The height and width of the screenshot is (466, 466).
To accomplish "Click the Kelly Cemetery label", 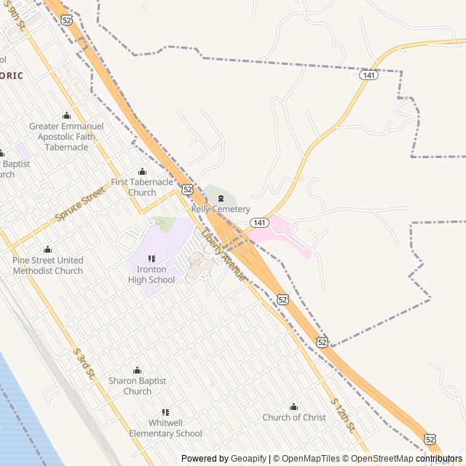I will (221, 209).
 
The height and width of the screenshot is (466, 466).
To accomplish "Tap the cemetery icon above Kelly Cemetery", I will (221, 198).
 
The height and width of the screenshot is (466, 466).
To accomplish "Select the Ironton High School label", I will (151, 275).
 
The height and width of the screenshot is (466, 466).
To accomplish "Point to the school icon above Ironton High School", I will (151, 258).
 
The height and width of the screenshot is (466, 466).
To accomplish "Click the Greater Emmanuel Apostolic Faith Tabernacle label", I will (66, 136).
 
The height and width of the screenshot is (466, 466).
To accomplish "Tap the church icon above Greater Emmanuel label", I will (67, 115).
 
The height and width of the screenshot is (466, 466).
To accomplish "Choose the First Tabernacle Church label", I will (142, 187).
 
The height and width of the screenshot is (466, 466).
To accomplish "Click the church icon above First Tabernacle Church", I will (142, 172).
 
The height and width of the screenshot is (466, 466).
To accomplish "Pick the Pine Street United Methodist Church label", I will (48, 265).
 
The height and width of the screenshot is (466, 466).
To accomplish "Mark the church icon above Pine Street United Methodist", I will (48, 250).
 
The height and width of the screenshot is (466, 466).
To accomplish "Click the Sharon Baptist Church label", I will (137, 386).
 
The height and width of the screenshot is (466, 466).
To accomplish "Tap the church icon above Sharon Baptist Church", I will (137, 371).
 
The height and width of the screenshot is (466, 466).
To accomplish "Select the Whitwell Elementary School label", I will (165, 428).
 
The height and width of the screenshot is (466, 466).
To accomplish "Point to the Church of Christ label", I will (294, 417).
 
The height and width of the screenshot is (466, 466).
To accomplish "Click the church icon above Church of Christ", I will (294, 406).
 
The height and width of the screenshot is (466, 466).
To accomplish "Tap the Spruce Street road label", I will (80, 205).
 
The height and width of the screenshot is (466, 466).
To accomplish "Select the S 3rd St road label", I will (84, 363).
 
